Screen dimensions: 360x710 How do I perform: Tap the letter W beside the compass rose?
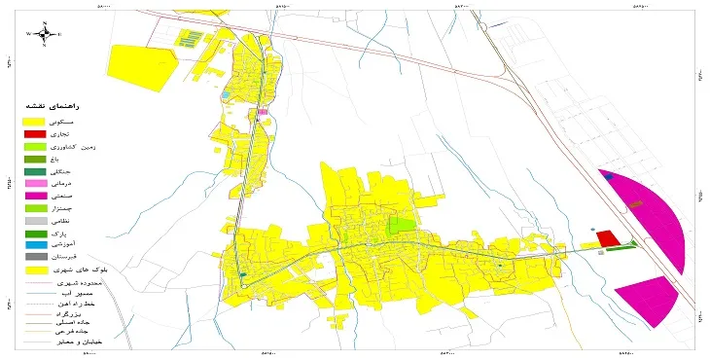[29, 34]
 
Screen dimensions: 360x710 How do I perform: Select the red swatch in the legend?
[35, 132]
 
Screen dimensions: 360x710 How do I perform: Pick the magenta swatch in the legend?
[35, 196]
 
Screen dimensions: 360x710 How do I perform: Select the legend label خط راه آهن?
[85, 304]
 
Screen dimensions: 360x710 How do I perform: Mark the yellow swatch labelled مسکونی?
[35, 120]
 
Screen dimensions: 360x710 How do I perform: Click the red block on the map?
[607, 238]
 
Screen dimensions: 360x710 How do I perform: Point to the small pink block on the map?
[263, 113]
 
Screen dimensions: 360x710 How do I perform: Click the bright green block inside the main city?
[400, 227]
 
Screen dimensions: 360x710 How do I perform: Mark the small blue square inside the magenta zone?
[609, 177]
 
